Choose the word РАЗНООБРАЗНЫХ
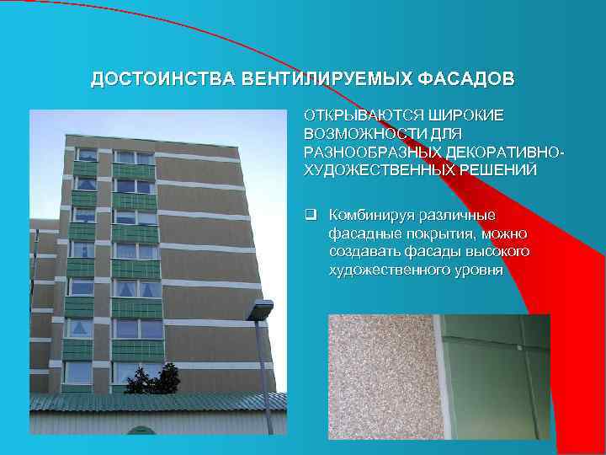375,152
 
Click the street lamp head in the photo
260,309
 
